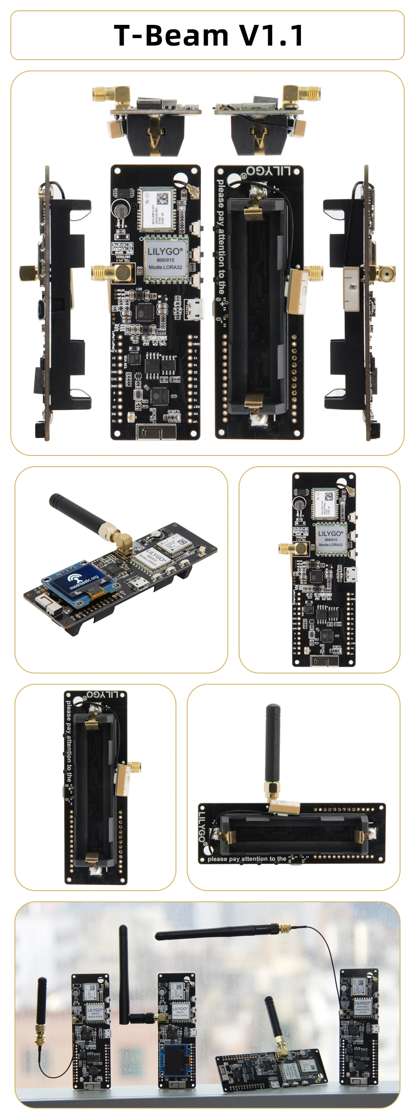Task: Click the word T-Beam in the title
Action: (x=171, y=35)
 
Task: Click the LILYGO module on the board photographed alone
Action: (x=330, y=539)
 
